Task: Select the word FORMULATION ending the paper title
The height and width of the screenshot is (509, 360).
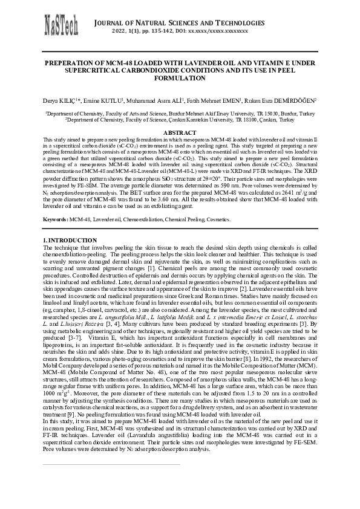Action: tap(180, 79)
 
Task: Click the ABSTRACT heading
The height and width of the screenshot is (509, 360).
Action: tap(180, 132)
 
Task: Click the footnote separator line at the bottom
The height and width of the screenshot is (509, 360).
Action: tap(112, 464)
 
